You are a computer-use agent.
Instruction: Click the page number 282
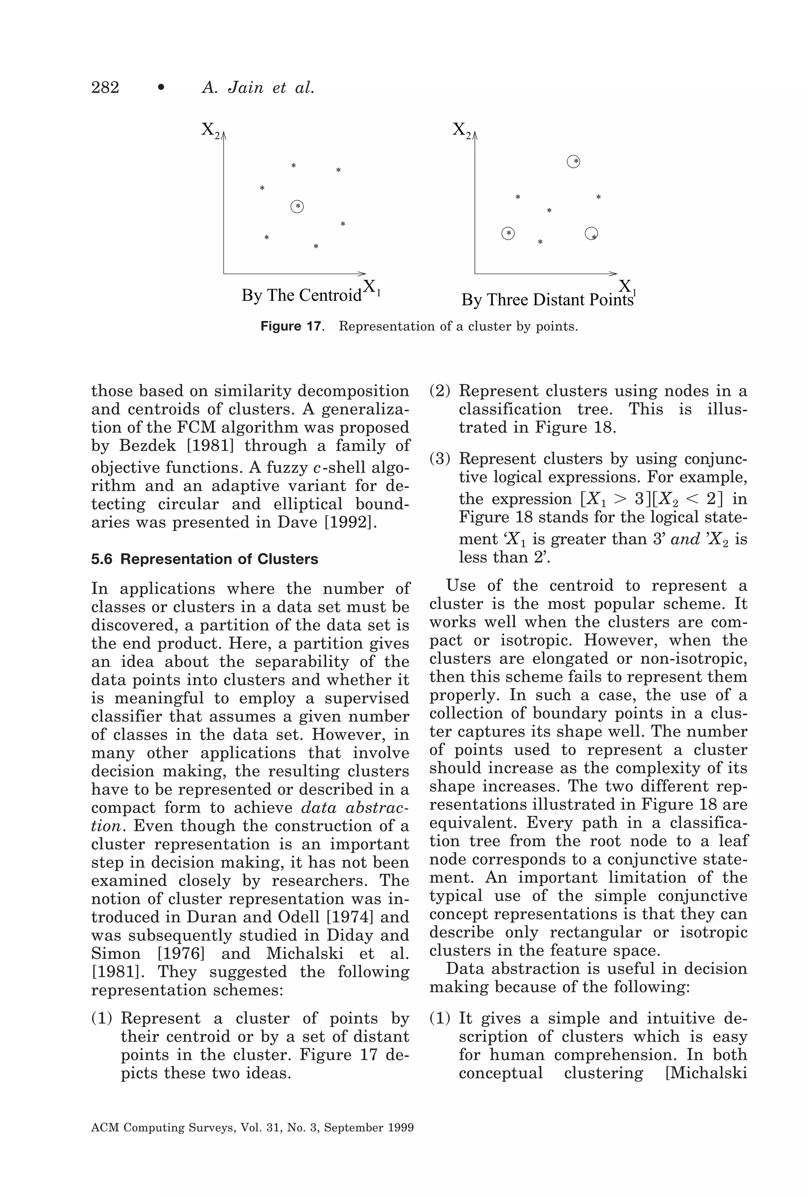click(x=105, y=87)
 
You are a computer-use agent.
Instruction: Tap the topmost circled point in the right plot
click(x=574, y=162)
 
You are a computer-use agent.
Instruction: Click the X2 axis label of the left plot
click(x=210, y=129)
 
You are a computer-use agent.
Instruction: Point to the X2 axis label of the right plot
click(x=461, y=129)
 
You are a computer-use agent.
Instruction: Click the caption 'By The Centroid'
click(x=301, y=295)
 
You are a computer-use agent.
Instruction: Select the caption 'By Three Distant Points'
click(x=547, y=300)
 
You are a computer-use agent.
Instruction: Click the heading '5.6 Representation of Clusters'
click(x=204, y=559)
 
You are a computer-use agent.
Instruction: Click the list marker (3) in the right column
click(x=440, y=459)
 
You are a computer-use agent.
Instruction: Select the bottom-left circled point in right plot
click(x=508, y=234)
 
